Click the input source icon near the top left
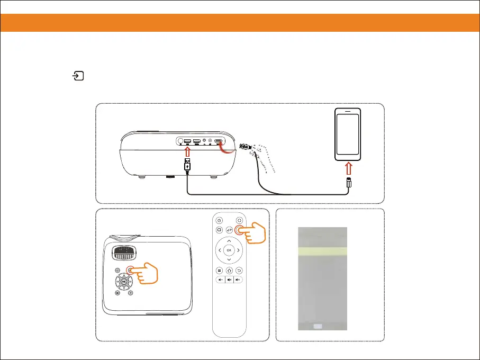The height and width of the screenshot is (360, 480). tap(78, 77)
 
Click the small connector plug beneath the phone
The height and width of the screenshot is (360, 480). tap(348, 183)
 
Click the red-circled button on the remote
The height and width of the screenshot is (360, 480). tap(240, 230)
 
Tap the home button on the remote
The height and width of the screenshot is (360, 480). tap(229, 269)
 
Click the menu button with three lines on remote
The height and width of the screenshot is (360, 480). tap(219, 269)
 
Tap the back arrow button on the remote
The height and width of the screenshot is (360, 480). tap(239, 269)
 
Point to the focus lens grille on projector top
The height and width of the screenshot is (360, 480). tap(125, 252)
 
